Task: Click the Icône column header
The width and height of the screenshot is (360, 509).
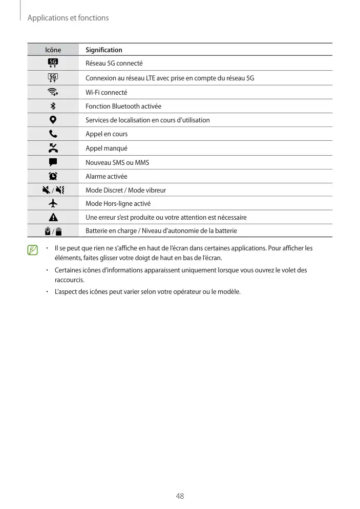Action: [x=53, y=50]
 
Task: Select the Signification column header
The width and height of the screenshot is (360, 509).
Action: [x=104, y=50]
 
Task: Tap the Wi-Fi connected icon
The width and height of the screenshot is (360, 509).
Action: [x=53, y=92]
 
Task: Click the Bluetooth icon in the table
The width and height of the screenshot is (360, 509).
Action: [x=53, y=106]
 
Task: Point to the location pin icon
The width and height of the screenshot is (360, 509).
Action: [x=53, y=120]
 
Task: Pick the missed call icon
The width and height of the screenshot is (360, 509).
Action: [x=53, y=148]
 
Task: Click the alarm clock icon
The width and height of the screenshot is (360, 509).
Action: [x=53, y=176]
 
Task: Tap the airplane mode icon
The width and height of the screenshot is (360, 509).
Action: [x=53, y=203]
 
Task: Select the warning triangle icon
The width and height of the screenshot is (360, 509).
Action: [x=53, y=217]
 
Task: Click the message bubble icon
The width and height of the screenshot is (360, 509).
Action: [x=53, y=162]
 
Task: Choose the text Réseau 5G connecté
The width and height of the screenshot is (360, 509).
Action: [x=114, y=63]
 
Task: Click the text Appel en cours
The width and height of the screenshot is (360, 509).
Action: [x=107, y=134]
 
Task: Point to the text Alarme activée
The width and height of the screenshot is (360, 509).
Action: [x=106, y=177]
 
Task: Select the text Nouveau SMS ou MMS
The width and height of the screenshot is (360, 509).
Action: [x=117, y=163]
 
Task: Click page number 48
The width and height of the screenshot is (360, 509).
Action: [x=180, y=496]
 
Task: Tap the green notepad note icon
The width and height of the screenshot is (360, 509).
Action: [x=33, y=250]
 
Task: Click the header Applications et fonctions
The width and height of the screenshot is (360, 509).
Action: [x=68, y=18]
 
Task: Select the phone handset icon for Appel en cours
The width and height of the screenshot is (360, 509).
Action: [x=53, y=134]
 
